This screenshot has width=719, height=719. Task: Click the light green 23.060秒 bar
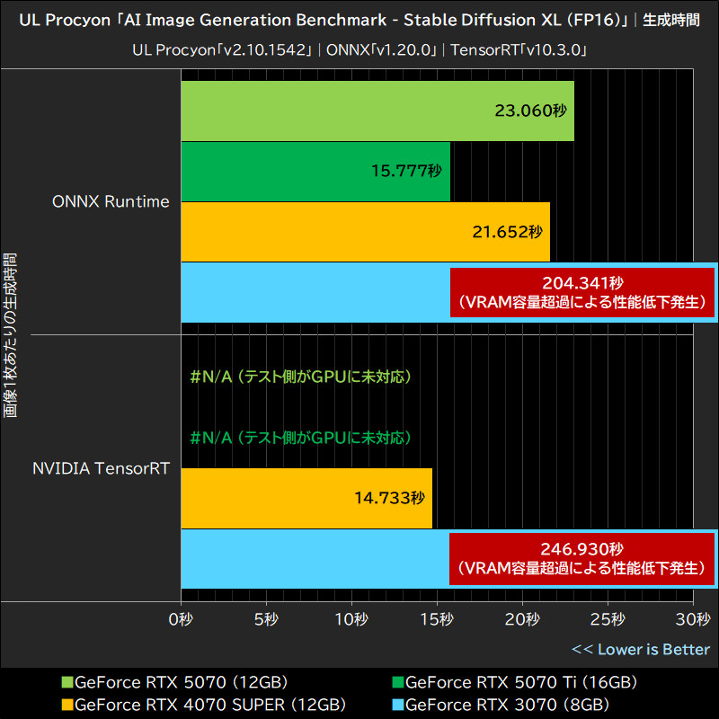[377, 111]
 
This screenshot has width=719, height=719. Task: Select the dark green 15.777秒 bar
[315, 171]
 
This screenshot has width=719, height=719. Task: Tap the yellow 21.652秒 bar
[365, 232]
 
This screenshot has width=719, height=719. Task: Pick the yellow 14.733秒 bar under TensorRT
[306, 498]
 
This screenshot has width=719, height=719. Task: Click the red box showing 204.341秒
[582, 292]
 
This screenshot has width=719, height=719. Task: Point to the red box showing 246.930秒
[582, 558]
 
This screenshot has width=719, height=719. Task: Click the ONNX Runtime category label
[111, 201]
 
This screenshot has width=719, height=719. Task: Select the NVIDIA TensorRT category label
[101, 467]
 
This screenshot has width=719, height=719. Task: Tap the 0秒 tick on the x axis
[181, 619]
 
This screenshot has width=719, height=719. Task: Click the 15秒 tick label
[437, 619]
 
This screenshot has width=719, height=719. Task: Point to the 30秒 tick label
[692, 619]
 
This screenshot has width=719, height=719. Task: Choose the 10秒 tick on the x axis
[351, 619]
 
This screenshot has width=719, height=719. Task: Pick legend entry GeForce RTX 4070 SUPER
[202, 704]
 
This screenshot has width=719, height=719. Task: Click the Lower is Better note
[641, 649]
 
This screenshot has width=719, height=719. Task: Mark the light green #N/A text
[300, 377]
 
